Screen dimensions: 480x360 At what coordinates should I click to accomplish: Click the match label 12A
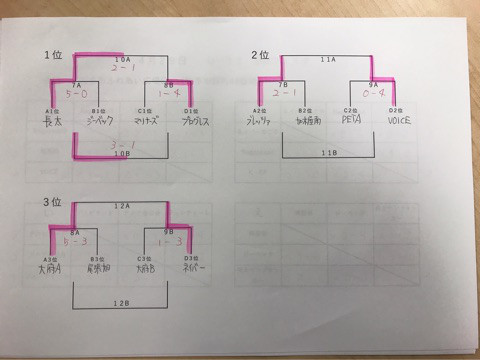pyautogui.click(x=122, y=207)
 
